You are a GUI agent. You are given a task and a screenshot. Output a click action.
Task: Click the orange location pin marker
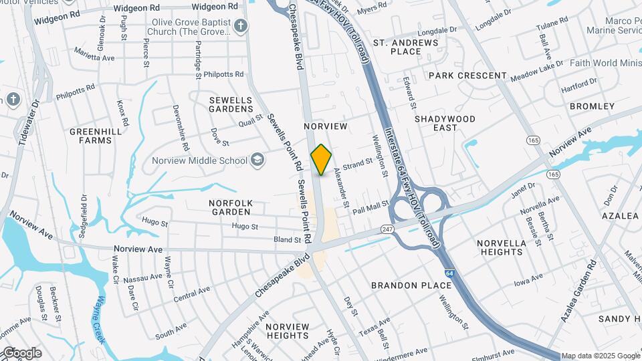pyautogui.click(x=322, y=159)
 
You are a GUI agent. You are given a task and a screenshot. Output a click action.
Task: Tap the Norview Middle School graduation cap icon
pyautogui.click(x=257, y=160)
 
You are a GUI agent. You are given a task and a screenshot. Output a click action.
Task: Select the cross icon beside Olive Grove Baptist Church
pyautogui.click(x=241, y=27)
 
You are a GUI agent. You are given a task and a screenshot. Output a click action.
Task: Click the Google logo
pyautogui.click(x=21, y=353)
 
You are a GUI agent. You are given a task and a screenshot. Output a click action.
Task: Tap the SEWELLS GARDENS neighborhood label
pyautogui.click(x=231, y=105)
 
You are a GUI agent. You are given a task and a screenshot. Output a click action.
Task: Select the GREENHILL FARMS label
pyautogui.click(x=96, y=136)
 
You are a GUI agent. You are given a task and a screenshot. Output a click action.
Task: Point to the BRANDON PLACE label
pyautogui.click(x=412, y=285)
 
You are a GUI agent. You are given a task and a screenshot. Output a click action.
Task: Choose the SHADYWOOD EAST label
pyautogui.click(x=445, y=123)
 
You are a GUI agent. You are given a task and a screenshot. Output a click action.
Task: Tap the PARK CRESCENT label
pyautogui.click(x=467, y=76)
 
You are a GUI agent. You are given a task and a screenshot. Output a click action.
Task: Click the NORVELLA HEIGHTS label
pyautogui.click(x=501, y=247)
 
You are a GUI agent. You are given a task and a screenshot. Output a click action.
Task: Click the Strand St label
pyautogui.click(x=357, y=164)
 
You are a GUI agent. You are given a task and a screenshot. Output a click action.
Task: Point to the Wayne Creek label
pyautogui.click(x=102, y=320)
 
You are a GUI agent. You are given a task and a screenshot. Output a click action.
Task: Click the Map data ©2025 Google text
pyautogui.click(x=600, y=356)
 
